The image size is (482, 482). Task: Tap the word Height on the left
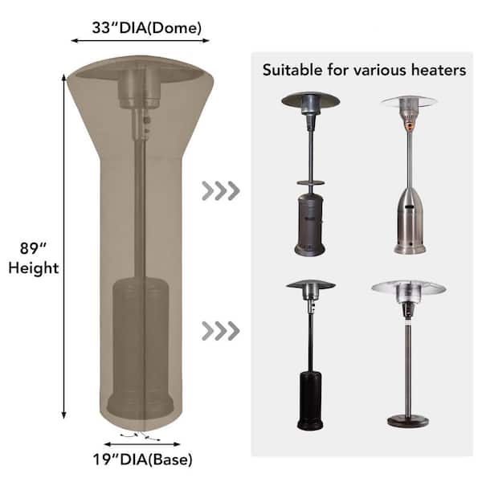[x=34, y=268]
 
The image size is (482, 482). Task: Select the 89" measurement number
[x=33, y=248]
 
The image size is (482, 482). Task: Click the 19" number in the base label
[x=106, y=460]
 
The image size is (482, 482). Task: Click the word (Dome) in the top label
[x=174, y=28]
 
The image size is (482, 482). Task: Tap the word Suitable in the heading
[x=292, y=70]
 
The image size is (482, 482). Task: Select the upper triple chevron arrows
[x=221, y=191]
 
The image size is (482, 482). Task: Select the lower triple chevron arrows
[x=221, y=331]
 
